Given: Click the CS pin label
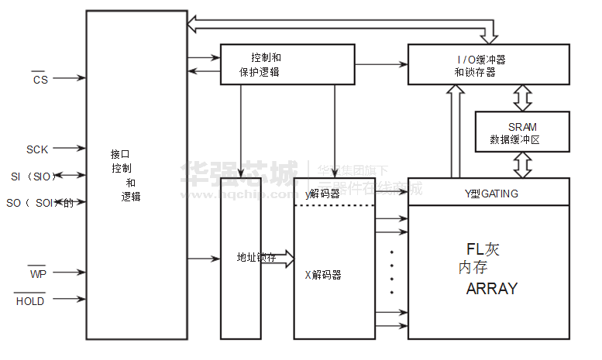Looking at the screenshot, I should pos(40,80).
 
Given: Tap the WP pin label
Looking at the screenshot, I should pos(38,273).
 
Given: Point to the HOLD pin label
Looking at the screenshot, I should pos(30,300).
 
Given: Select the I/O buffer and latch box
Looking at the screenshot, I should pos(488,64).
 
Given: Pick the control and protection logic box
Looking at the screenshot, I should pos(287,64).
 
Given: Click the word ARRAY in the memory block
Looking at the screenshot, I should pos(491,289).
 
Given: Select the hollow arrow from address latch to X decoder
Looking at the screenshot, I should pos(283,258).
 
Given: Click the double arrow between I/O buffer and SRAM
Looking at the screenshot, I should pos(523,98).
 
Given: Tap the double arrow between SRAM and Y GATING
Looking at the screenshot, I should pos(523,164).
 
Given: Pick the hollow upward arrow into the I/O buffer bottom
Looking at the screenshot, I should pos(456,132).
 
